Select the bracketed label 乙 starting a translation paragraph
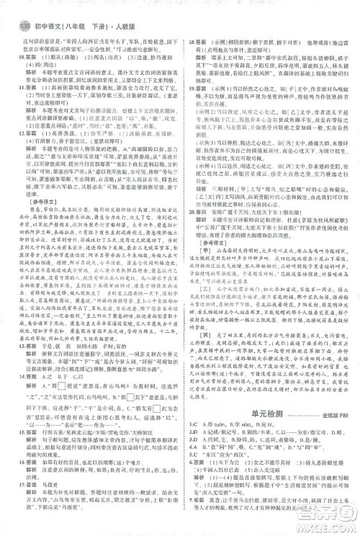(207, 329)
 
